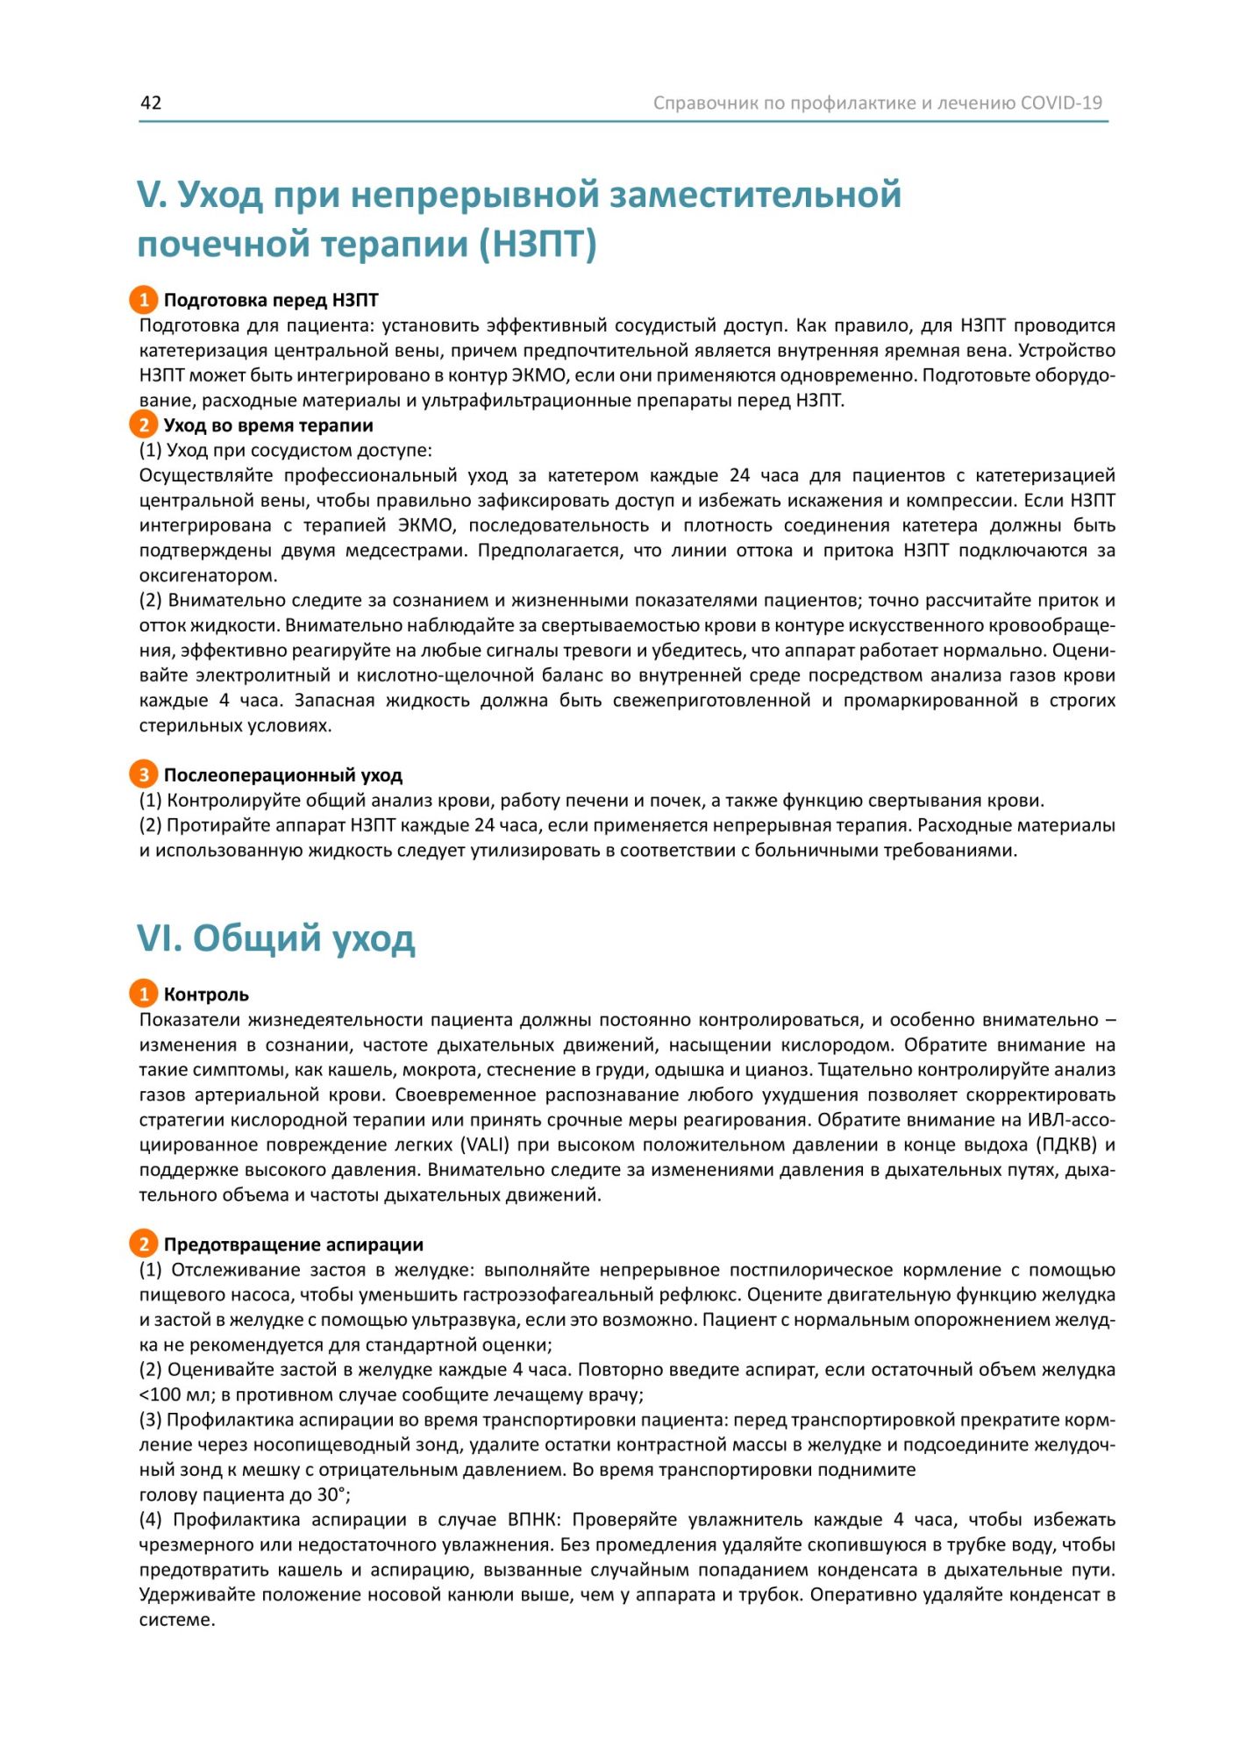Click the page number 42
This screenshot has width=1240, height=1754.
coord(151,103)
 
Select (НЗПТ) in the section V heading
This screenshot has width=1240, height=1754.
coord(538,244)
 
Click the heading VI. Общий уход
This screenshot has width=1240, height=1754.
coord(276,938)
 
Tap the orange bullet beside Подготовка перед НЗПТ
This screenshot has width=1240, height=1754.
coord(144,300)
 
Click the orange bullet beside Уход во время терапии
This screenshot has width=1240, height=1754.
coord(144,425)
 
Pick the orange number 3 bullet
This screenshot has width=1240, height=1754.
coord(144,774)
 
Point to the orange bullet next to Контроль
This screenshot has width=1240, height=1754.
coord(144,994)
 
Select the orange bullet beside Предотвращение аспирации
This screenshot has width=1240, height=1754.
coord(144,1244)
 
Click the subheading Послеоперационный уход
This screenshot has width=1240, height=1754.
coord(282,775)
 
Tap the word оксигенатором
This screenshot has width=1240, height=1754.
coord(208,576)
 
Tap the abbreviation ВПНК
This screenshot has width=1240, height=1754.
coord(532,1520)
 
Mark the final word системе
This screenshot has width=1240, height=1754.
coord(177,1620)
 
